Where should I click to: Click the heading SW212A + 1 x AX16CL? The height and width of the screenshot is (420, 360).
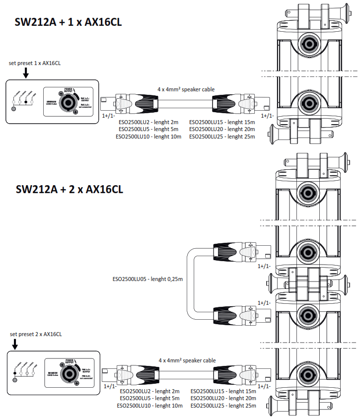point(69,22)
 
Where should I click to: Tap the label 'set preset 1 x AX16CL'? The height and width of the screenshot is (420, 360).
point(35,63)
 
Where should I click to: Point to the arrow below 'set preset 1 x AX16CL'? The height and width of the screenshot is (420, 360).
point(26,73)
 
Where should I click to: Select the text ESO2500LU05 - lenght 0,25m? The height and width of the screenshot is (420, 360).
point(147,280)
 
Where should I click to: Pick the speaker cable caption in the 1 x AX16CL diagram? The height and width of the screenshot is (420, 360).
point(186,89)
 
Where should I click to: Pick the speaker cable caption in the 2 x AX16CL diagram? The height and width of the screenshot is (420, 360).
point(187,360)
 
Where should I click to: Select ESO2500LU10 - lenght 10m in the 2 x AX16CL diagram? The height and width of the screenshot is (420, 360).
point(150,406)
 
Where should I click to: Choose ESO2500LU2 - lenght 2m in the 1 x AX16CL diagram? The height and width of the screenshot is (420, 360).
point(148,122)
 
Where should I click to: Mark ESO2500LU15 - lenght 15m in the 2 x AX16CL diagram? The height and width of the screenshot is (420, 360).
point(223,391)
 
